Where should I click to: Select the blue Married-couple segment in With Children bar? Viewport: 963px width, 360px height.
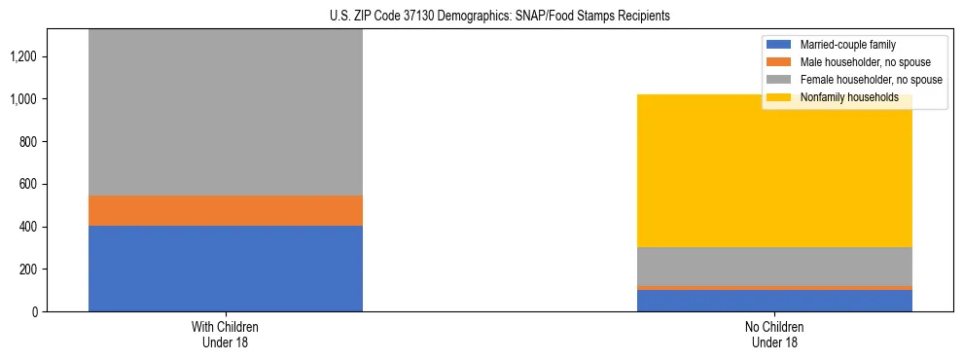coord(226,269)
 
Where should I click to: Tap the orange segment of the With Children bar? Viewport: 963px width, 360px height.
coord(226,210)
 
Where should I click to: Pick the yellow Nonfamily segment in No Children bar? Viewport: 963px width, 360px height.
coord(774,175)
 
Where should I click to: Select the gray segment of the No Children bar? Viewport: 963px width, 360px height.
coord(774,266)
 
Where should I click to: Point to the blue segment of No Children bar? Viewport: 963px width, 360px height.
coord(774,301)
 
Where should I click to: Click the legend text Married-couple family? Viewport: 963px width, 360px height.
coord(847,45)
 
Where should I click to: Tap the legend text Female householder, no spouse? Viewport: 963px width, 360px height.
coord(870,80)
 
